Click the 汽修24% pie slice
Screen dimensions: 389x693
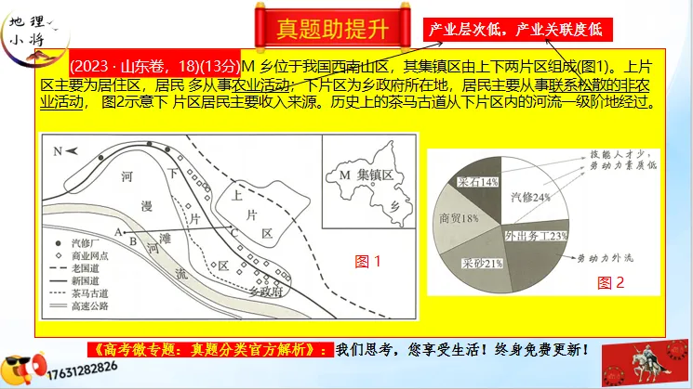tap(529, 198)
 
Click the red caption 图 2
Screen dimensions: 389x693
tap(610, 282)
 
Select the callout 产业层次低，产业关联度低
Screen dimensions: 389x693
tap(514, 30)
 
